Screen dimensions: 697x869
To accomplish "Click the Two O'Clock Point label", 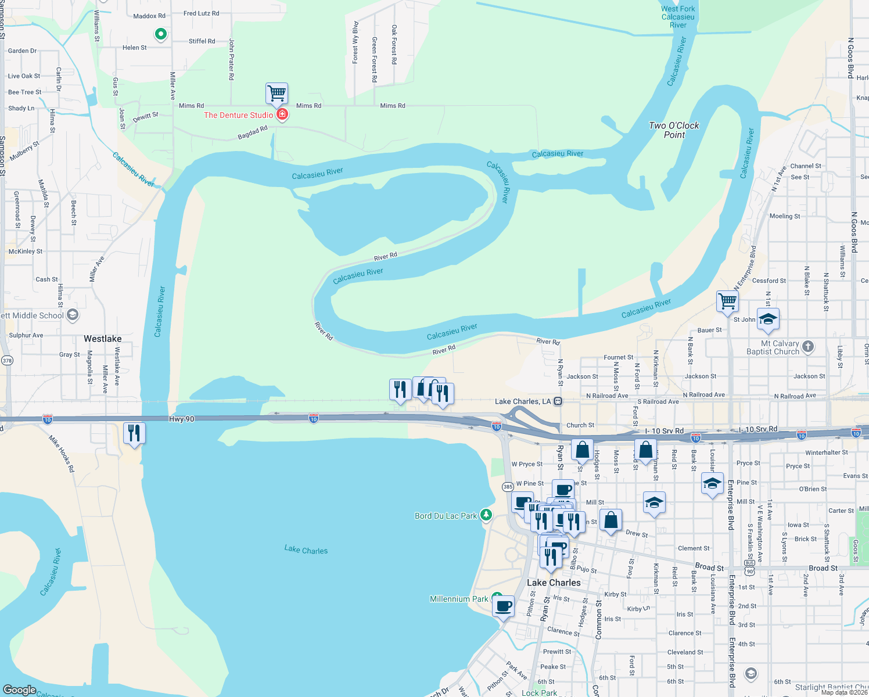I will coord(674,130).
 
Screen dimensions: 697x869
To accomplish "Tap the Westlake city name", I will coord(103,339).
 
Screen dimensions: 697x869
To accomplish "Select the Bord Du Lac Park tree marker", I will coord(486,515).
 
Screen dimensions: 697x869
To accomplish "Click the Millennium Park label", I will coord(459,599).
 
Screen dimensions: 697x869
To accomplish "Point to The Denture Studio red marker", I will coord(282,114).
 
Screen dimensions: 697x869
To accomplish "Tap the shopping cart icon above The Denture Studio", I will coord(277,93).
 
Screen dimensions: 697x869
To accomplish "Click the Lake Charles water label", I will coord(306,549).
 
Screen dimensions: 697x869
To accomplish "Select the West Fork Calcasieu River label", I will coord(678,17).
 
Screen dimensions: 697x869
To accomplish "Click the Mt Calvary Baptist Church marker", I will coord(808,347).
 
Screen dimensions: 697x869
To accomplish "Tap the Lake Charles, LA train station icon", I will coord(558,401).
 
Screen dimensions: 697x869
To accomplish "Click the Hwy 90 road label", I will coord(181,419).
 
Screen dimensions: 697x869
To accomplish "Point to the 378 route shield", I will coord(7,361).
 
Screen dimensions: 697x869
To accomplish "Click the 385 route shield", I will coord(508,487).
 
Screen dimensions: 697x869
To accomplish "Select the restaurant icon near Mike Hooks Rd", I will coord(134,433).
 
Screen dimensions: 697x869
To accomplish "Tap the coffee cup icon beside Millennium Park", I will coord(504,607).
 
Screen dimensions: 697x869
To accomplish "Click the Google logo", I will coord(20,690).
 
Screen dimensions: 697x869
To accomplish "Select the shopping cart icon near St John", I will coord(727,301).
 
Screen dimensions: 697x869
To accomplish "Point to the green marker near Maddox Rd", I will coord(161,34).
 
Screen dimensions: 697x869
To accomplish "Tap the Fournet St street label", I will coord(619,357).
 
